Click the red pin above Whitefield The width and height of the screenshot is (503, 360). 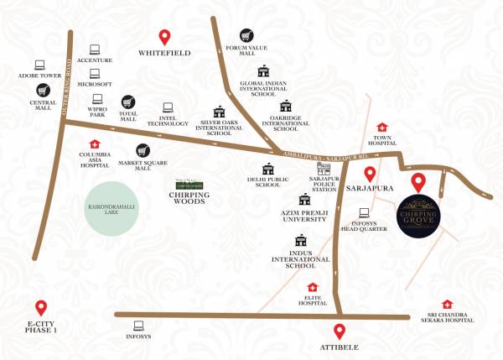165,37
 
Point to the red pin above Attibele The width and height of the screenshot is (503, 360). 339,331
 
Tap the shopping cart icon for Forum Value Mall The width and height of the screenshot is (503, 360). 246,36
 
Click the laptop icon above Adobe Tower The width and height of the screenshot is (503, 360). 39,63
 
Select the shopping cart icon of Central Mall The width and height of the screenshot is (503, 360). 39,89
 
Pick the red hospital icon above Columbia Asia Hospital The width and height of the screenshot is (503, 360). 94,143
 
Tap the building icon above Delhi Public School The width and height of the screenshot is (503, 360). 268,168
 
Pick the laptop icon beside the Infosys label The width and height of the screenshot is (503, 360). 138,325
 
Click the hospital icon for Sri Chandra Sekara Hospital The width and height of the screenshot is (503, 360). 447,304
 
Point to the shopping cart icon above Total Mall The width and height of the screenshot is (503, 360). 128,102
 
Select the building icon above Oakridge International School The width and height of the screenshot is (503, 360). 286,106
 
